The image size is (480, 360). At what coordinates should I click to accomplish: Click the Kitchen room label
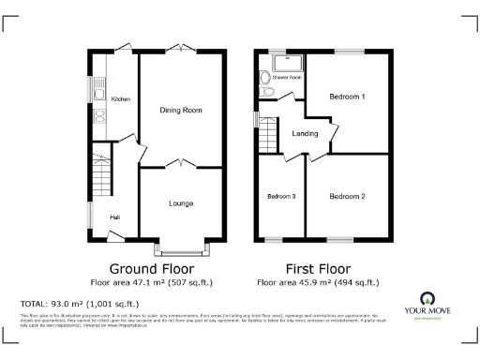(x=120, y=98)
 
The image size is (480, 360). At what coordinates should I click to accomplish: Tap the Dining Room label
(x=181, y=111)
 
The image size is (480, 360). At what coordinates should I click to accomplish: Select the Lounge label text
(x=181, y=202)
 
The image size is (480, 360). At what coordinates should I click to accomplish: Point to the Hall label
(x=114, y=217)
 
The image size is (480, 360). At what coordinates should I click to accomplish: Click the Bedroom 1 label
(x=347, y=97)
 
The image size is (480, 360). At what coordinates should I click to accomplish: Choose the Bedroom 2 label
(x=347, y=196)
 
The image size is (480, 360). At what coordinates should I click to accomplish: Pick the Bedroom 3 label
(x=281, y=196)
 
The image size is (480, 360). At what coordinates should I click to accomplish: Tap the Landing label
(x=305, y=133)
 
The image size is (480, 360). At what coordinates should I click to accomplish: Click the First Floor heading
(x=318, y=267)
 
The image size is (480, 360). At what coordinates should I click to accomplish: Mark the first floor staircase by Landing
(x=270, y=135)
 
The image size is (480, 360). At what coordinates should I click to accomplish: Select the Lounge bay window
(x=182, y=248)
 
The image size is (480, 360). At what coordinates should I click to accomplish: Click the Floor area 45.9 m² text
(x=318, y=281)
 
